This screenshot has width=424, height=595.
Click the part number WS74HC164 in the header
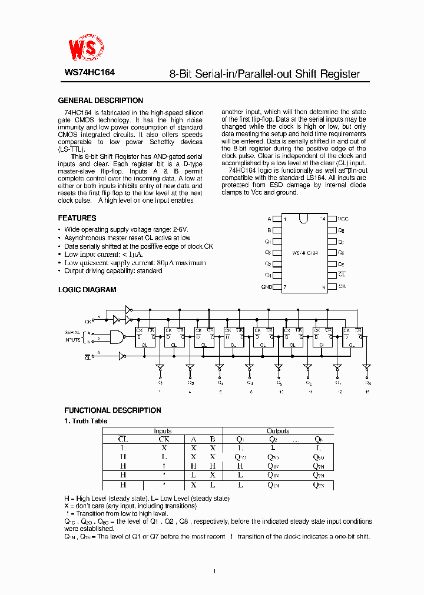(90, 73)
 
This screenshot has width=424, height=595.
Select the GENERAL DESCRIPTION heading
(100, 101)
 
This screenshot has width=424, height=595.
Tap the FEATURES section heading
(77, 218)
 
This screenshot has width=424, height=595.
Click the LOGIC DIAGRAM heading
(87, 290)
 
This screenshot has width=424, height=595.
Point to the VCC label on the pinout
(343, 218)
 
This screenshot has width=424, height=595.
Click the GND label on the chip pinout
(266, 287)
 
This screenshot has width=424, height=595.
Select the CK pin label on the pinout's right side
(342, 287)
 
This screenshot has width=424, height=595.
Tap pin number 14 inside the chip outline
(322, 219)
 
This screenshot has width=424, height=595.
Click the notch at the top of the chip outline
(303, 219)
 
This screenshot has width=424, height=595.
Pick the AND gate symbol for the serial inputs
(117, 337)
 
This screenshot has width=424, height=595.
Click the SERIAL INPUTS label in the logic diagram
(72, 336)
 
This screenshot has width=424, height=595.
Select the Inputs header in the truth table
(163, 431)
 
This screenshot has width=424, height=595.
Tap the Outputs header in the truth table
(278, 431)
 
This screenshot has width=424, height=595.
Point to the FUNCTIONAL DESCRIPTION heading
(112, 410)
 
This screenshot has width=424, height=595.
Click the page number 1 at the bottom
(214, 571)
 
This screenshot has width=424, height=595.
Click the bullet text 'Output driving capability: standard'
(113, 270)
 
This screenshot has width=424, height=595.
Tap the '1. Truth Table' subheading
(85, 421)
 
